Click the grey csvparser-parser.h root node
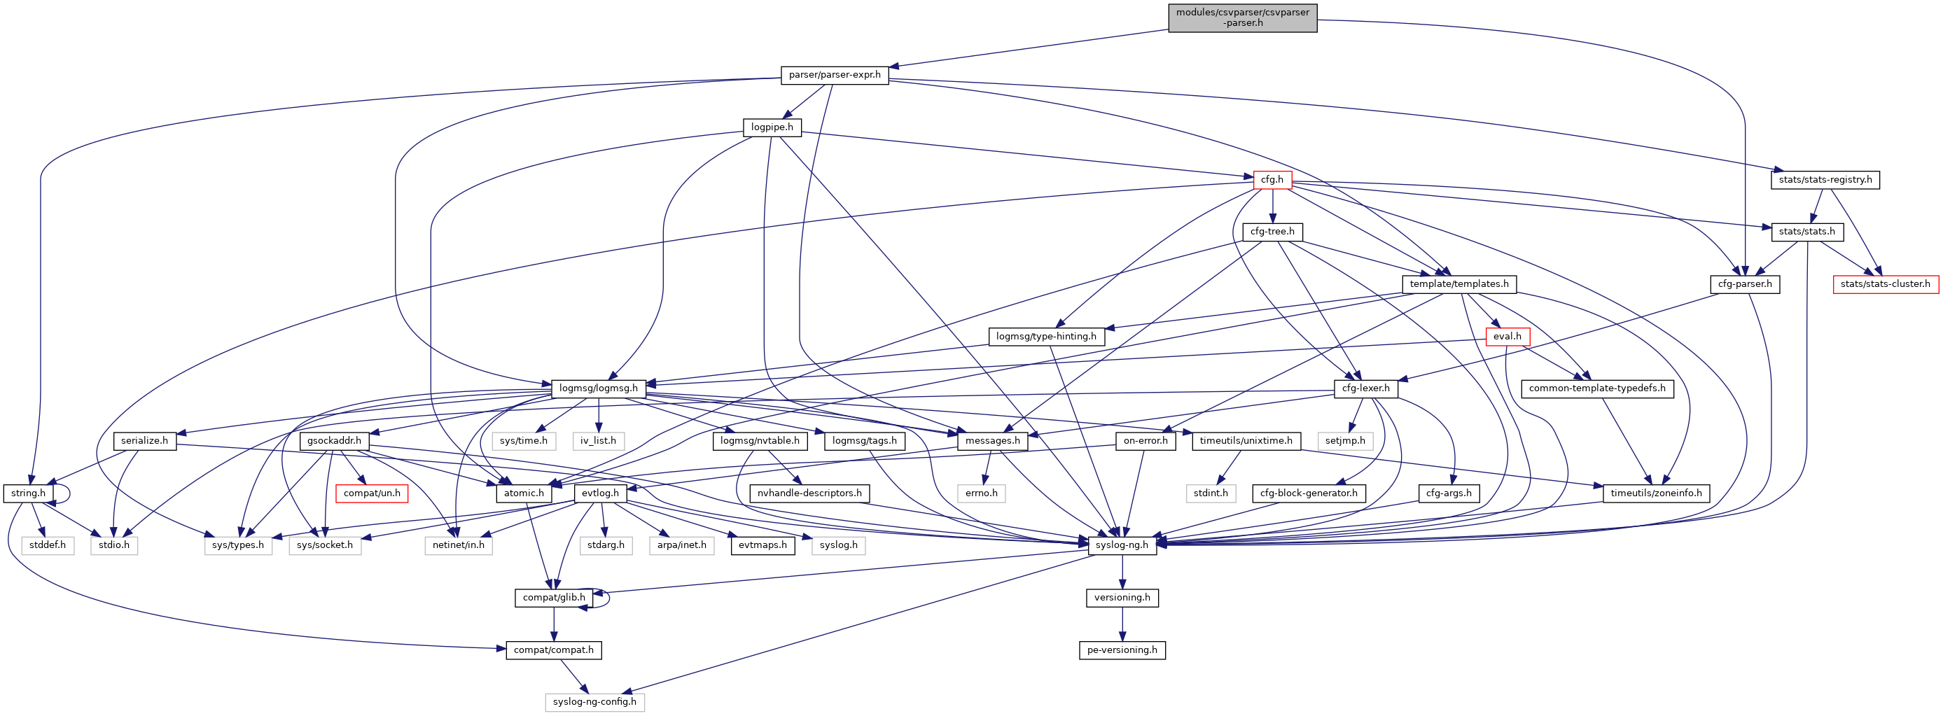coord(1242,17)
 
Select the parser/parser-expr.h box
coord(834,75)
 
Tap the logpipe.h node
coord(772,127)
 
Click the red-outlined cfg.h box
coord(1272,179)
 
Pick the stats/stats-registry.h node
coord(1825,179)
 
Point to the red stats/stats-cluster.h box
coord(1885,284)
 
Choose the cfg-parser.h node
coord(1745,284)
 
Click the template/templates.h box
coord(1458,284)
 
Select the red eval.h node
coord(1506,336)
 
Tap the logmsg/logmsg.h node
coord(598,388)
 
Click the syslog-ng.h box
coord(1122,545)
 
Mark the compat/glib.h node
coord(554,598)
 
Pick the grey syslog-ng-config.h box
coord(594,702)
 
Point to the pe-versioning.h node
coord(1122,650)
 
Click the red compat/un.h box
coord(372,493)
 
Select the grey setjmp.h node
coord(1345,440)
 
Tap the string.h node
coord(28,493)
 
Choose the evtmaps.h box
coord(762,545)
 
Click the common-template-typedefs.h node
coord(1597,388)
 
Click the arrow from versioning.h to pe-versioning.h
coord(1122,624)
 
